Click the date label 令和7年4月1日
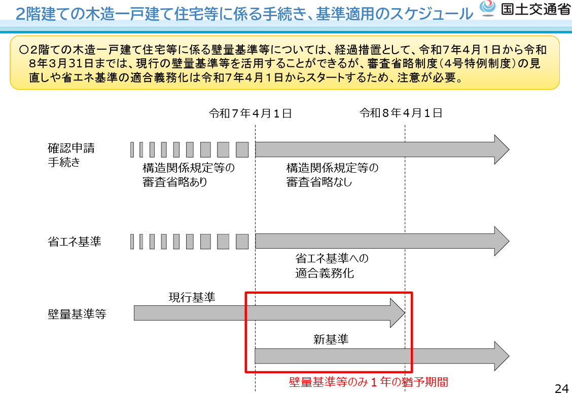(x=251, y=113)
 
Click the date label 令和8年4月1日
(x=401, y=113)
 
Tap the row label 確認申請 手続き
(x=71, y=155)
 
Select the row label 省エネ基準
(x=75, y=242)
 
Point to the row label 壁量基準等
(x=77, y=313)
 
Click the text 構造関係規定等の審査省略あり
(x=189, y=175)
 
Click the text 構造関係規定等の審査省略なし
(x=332, y=175)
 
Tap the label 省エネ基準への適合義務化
(x=332, y=265)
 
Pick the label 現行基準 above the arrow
(x=192, y=297)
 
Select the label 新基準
(x=331, y=339)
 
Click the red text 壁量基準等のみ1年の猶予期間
(x=369, y=382)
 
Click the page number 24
(x=562, y=388)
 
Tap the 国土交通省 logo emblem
(x=487, y=9)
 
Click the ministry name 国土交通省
(x=535, y=9)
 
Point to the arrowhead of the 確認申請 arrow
(x=502, y=149)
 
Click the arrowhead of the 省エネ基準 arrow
(x=502, y=241)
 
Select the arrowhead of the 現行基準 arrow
(x=397, y=313)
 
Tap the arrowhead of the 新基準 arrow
(x=502, y=356)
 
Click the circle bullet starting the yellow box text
(x=24, y=50)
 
